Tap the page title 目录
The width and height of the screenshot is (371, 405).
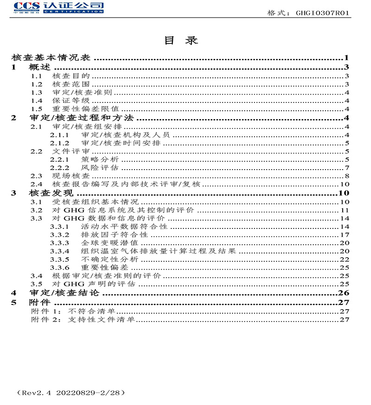pyautogui.click(x=181, y=40)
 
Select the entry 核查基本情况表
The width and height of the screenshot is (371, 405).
pyautogui.click(x=52, y=58)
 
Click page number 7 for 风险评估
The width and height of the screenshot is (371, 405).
pyautogui.click(x=346, y=168)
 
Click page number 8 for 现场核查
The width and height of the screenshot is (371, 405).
pyautogui.click(x=346, y=176)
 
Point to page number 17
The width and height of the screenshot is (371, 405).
pyautogui.click(x=345, y=235)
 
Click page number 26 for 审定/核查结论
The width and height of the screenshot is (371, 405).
pyautogui.click(x=344, y=293)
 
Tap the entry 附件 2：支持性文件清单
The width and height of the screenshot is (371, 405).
pyautogui.click(x=83, y=320)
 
